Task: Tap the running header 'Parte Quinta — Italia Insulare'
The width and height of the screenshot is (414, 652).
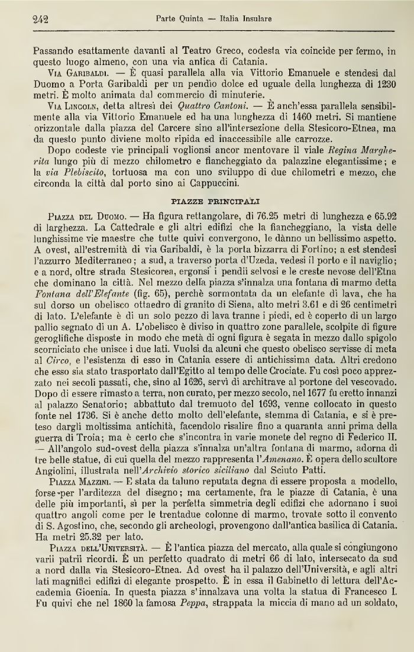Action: pos(214,19)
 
